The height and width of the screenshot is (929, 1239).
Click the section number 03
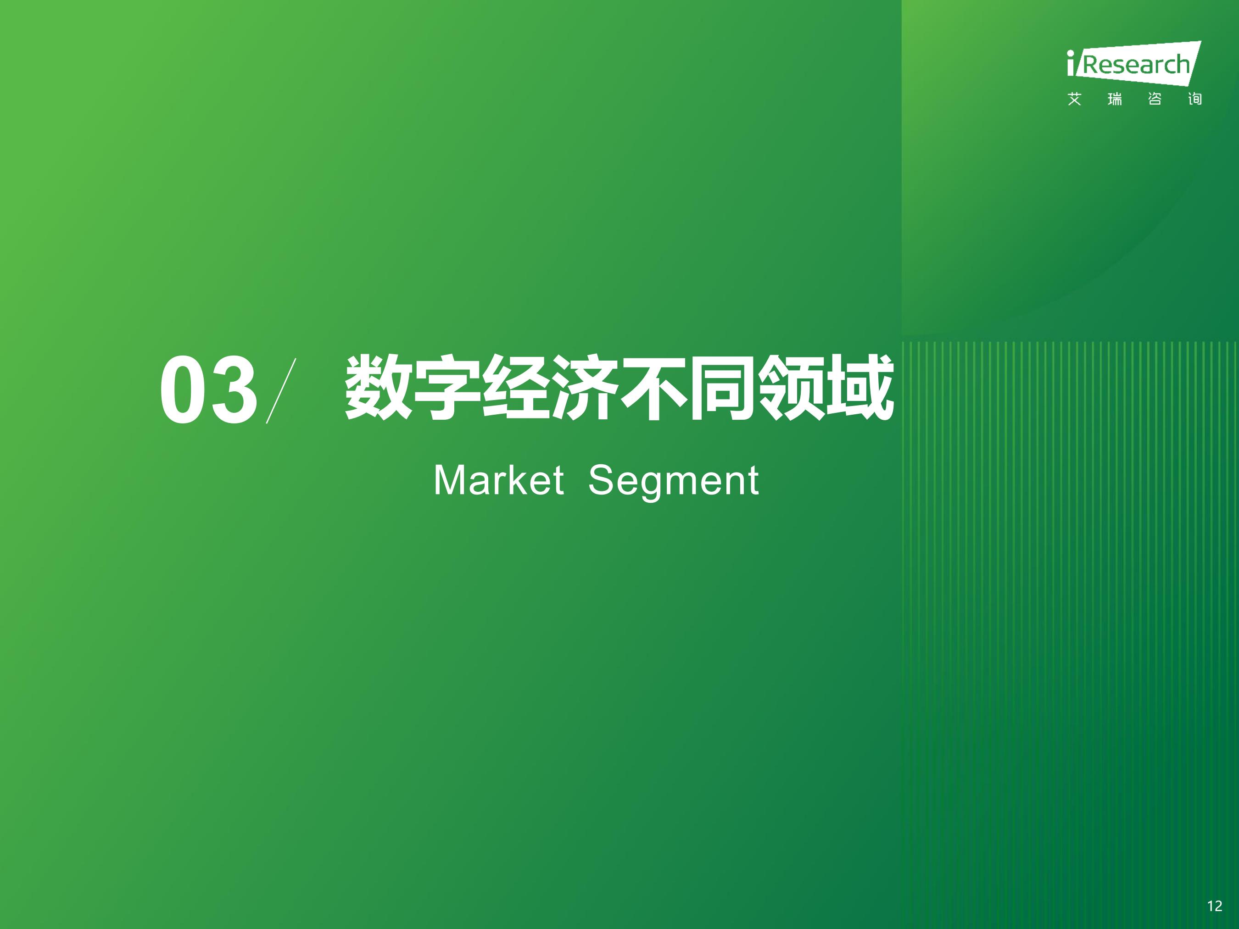tap(208, 390)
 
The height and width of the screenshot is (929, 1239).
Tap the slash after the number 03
tap(281, 391)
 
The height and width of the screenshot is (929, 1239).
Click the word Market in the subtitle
tap(498, 480)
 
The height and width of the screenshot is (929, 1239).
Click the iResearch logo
tap(1134, 63)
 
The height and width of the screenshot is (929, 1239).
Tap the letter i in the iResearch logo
tap(1071, 63)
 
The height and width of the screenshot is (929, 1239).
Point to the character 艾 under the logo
tap(1074, 99)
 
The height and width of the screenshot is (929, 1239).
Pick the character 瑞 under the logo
tap(1115, 99)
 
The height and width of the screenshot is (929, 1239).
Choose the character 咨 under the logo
tap(1155, 99)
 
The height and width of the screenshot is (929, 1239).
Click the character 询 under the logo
tap(1195, 99)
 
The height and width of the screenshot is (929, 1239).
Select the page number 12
tap(1214, 906)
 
